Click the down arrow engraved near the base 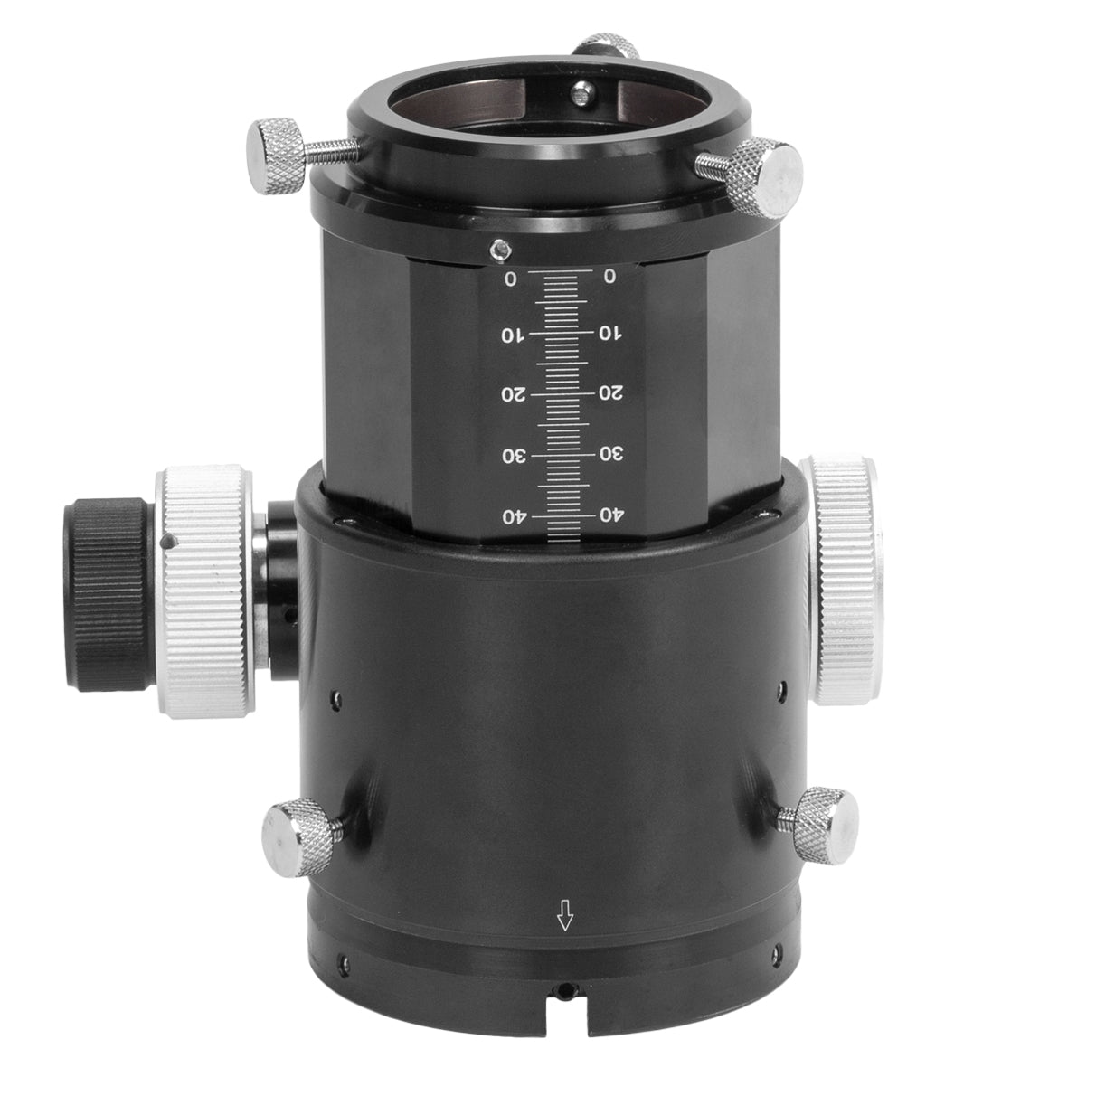point(566,919)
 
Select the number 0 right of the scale point(609,277)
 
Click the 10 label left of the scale point(511,335)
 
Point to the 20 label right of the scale point(610,393)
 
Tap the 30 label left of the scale point(513,455)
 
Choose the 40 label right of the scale point(611,515)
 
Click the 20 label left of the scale point(512,394)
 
